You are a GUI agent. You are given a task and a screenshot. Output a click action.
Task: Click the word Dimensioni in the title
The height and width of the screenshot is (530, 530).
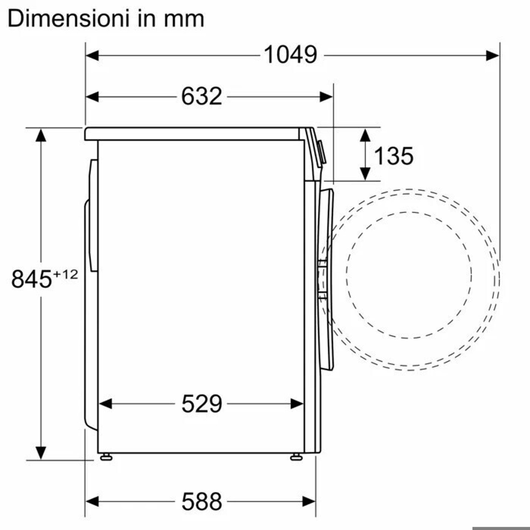68,19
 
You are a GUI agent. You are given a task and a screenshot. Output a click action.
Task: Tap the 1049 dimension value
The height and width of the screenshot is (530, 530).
291,55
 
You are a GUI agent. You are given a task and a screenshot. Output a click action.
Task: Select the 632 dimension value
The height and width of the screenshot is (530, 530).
202,96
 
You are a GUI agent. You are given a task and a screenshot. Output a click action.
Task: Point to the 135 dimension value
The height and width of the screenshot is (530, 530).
393,156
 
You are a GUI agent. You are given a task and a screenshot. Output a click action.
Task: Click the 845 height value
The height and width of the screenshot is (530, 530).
31,279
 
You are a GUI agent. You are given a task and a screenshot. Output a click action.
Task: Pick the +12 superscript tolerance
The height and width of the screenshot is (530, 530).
65,274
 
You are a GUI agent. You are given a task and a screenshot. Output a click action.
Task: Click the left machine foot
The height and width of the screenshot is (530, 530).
106,457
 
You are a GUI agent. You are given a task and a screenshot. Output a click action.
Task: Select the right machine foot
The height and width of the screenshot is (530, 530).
296,457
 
